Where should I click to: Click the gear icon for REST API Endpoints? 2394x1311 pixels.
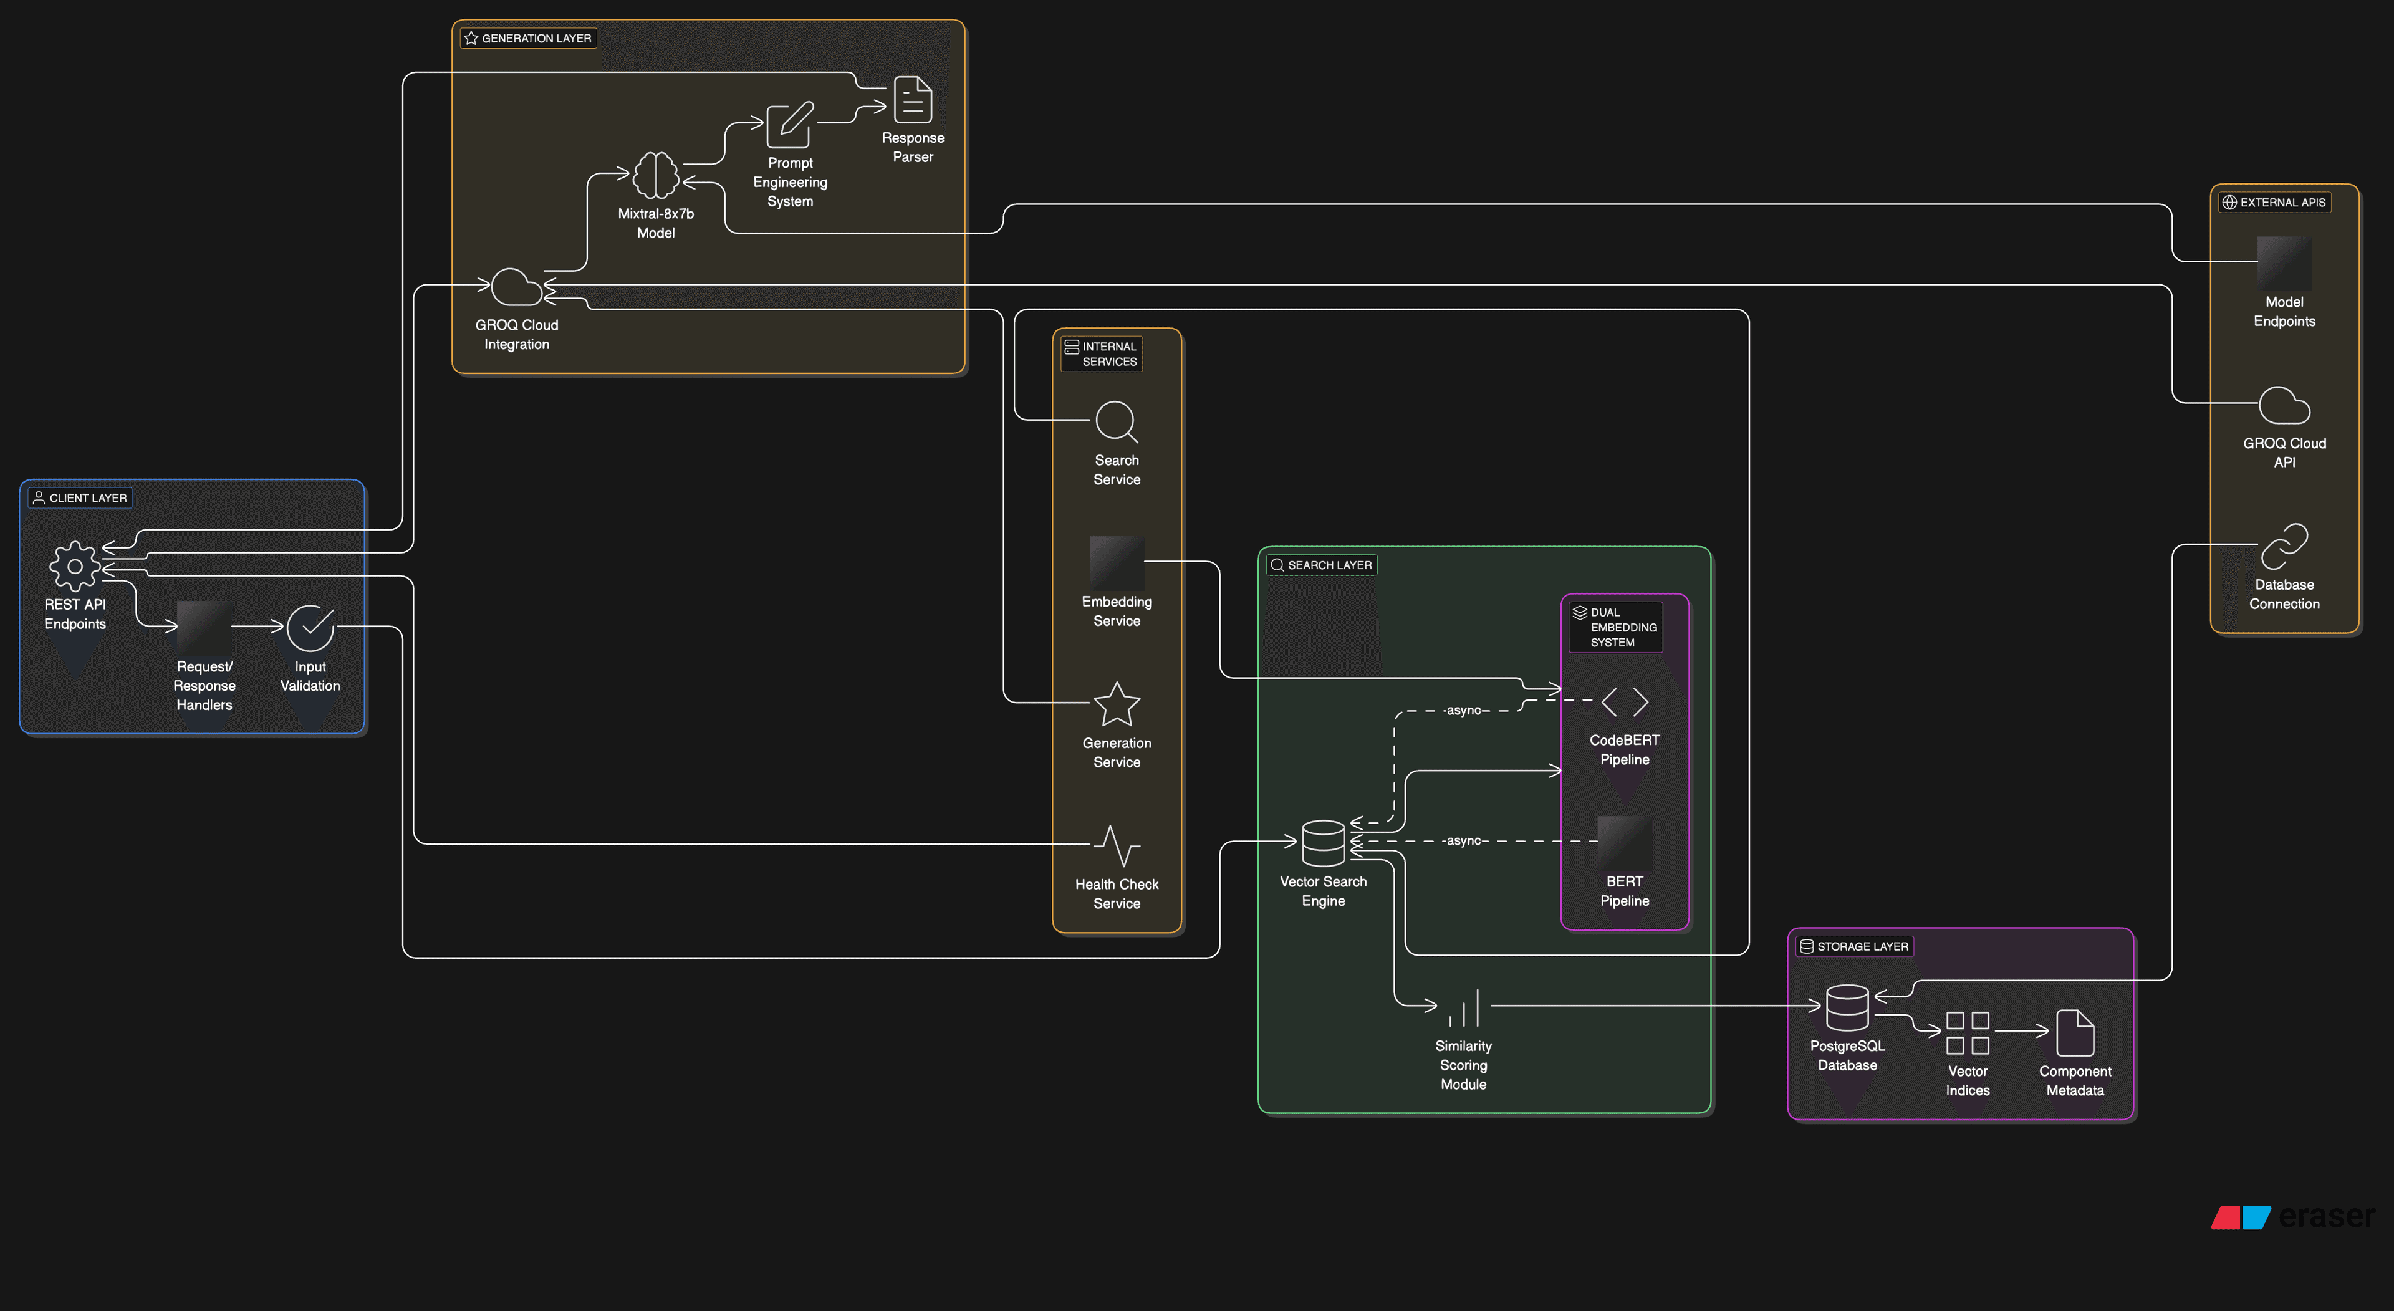coord(74,566)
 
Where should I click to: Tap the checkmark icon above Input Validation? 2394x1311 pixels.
coord(310,628)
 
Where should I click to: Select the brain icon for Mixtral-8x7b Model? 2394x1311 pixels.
coord(655,175)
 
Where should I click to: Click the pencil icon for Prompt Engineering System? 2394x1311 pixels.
coord(790,125)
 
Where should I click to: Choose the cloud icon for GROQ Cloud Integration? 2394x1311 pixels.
coord(516,287)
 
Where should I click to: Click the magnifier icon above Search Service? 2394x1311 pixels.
coord(1116,422)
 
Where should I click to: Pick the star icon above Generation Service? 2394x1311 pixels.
coord(1116,704)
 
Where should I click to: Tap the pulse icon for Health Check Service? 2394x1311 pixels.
coord(1116,845)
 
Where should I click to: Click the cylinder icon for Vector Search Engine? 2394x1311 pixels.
coord(1322,843)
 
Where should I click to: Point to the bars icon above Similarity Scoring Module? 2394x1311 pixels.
coord(1464,1008)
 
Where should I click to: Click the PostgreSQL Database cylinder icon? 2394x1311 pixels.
coord(1847,1007)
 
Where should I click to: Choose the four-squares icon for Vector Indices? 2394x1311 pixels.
coord(1968,1033)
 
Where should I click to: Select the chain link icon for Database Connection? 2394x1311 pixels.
coord(2284,546)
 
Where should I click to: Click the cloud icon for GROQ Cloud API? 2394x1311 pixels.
coord(2284,406)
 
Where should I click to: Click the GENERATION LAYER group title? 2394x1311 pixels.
coord(536,38)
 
